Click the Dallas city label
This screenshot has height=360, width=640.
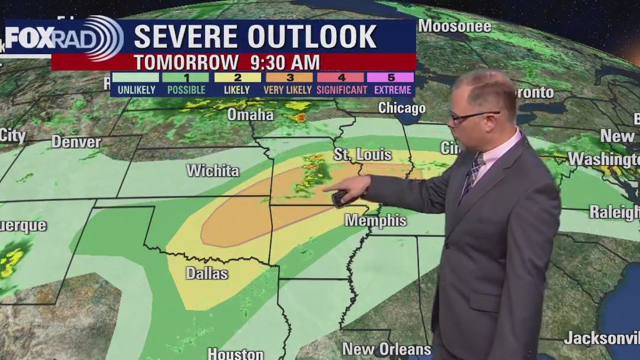click(207, 273)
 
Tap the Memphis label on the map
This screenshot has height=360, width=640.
click(375, 220)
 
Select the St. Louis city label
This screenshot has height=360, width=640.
click(362, 155)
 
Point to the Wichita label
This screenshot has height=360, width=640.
click(213, 171)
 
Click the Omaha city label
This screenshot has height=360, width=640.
click(250, 114)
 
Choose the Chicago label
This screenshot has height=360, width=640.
click(401, 108)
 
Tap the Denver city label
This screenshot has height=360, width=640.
click(76, 142)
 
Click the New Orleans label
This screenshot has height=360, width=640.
click(387, 348)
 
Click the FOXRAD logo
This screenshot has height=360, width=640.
click(62, 38)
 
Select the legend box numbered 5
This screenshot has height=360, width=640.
click(391, 77)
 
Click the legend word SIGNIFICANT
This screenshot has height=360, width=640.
click(342, 90)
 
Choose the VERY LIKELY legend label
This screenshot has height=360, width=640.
click(289, 90)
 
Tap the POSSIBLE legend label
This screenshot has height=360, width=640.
click(186, 90)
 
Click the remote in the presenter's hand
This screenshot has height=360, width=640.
click(340, 199)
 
